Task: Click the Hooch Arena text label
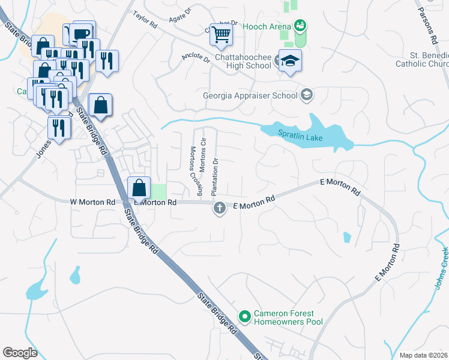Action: (x=266, y=26)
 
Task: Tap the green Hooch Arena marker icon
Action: (x=300, y=26)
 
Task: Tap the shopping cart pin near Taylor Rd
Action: (x=221, y=35)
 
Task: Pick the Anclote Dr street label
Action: (x=196, y=59)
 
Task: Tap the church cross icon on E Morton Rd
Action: (x=220, y=208)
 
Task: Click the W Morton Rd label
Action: (x=92, y=203)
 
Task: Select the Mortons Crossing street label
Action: (x=196, y=171)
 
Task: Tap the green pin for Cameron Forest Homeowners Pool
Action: (x=244, y=316)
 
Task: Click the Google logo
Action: (x=20, y=352)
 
